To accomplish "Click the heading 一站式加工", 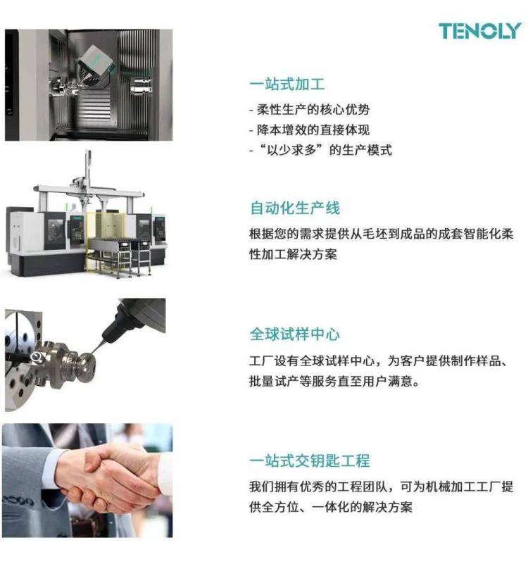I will [287, 84].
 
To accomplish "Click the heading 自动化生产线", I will [294, 208].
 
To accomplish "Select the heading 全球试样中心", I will [294, 334].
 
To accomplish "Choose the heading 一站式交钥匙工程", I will [309, 461].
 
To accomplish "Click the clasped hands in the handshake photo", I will [106, 475].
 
